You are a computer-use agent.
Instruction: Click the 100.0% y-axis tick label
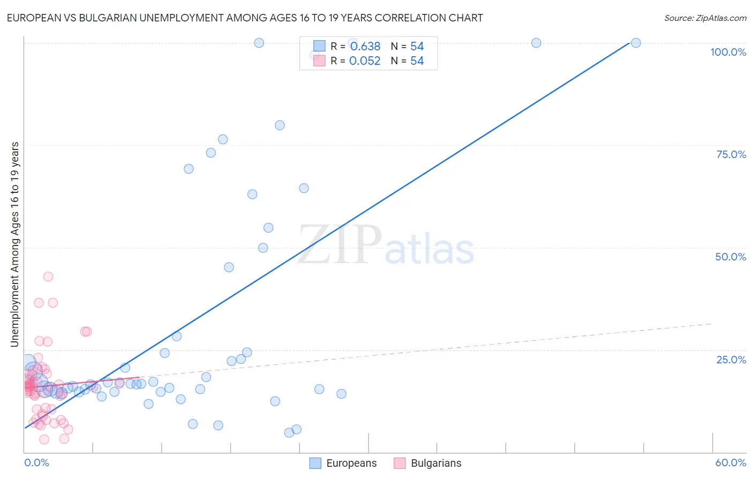(x=728, y=52)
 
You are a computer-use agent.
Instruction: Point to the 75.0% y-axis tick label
(x=731, y=154)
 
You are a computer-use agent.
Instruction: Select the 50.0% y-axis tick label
(x=731, y=257)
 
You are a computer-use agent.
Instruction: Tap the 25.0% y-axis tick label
(x=731, y=360)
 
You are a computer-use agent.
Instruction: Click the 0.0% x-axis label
(x=36, y=462)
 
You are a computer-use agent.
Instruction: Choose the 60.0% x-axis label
(x=731, y=462)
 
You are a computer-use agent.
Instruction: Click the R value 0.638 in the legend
(x=365, y=47)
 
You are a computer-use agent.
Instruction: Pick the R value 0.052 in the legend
(x=365, y=61)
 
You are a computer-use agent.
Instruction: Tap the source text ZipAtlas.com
(x=705, y=18)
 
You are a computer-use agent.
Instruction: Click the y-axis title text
(x=15, y=244)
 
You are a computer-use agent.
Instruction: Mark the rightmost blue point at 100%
(x=636, y=43)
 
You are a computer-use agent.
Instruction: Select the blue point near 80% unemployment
(x=280, y=125)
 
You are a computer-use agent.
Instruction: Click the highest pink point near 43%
(x=48, y=277)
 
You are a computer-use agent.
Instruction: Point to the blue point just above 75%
(x=223, y=139)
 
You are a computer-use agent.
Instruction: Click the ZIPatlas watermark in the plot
(x=386, y=245)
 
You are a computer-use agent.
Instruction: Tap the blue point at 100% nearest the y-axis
(x=259, y=43)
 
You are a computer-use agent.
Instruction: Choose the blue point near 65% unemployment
(x=304, y=188)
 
